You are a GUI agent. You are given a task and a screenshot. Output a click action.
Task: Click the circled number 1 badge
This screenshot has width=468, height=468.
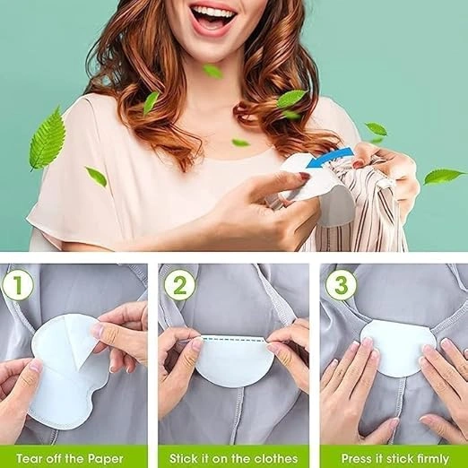[18, 285]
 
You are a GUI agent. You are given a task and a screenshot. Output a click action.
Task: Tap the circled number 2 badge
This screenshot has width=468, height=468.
[179, 285]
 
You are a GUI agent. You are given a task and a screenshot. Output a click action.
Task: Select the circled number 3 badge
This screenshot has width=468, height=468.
[341, 285]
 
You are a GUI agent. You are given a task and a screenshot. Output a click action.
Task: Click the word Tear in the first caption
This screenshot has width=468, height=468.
[29, 458]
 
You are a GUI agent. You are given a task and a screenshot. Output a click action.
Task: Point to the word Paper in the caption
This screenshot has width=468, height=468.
[106, 459]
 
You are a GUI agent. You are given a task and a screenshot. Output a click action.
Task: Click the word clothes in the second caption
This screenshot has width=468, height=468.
[275, 458]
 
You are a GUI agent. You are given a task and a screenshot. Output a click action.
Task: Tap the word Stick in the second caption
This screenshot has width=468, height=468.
[182, 458]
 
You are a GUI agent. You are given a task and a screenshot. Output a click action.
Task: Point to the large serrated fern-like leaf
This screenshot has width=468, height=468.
[48, 140]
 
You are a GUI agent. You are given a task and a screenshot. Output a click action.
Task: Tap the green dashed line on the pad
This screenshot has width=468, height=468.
[235, 339]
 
